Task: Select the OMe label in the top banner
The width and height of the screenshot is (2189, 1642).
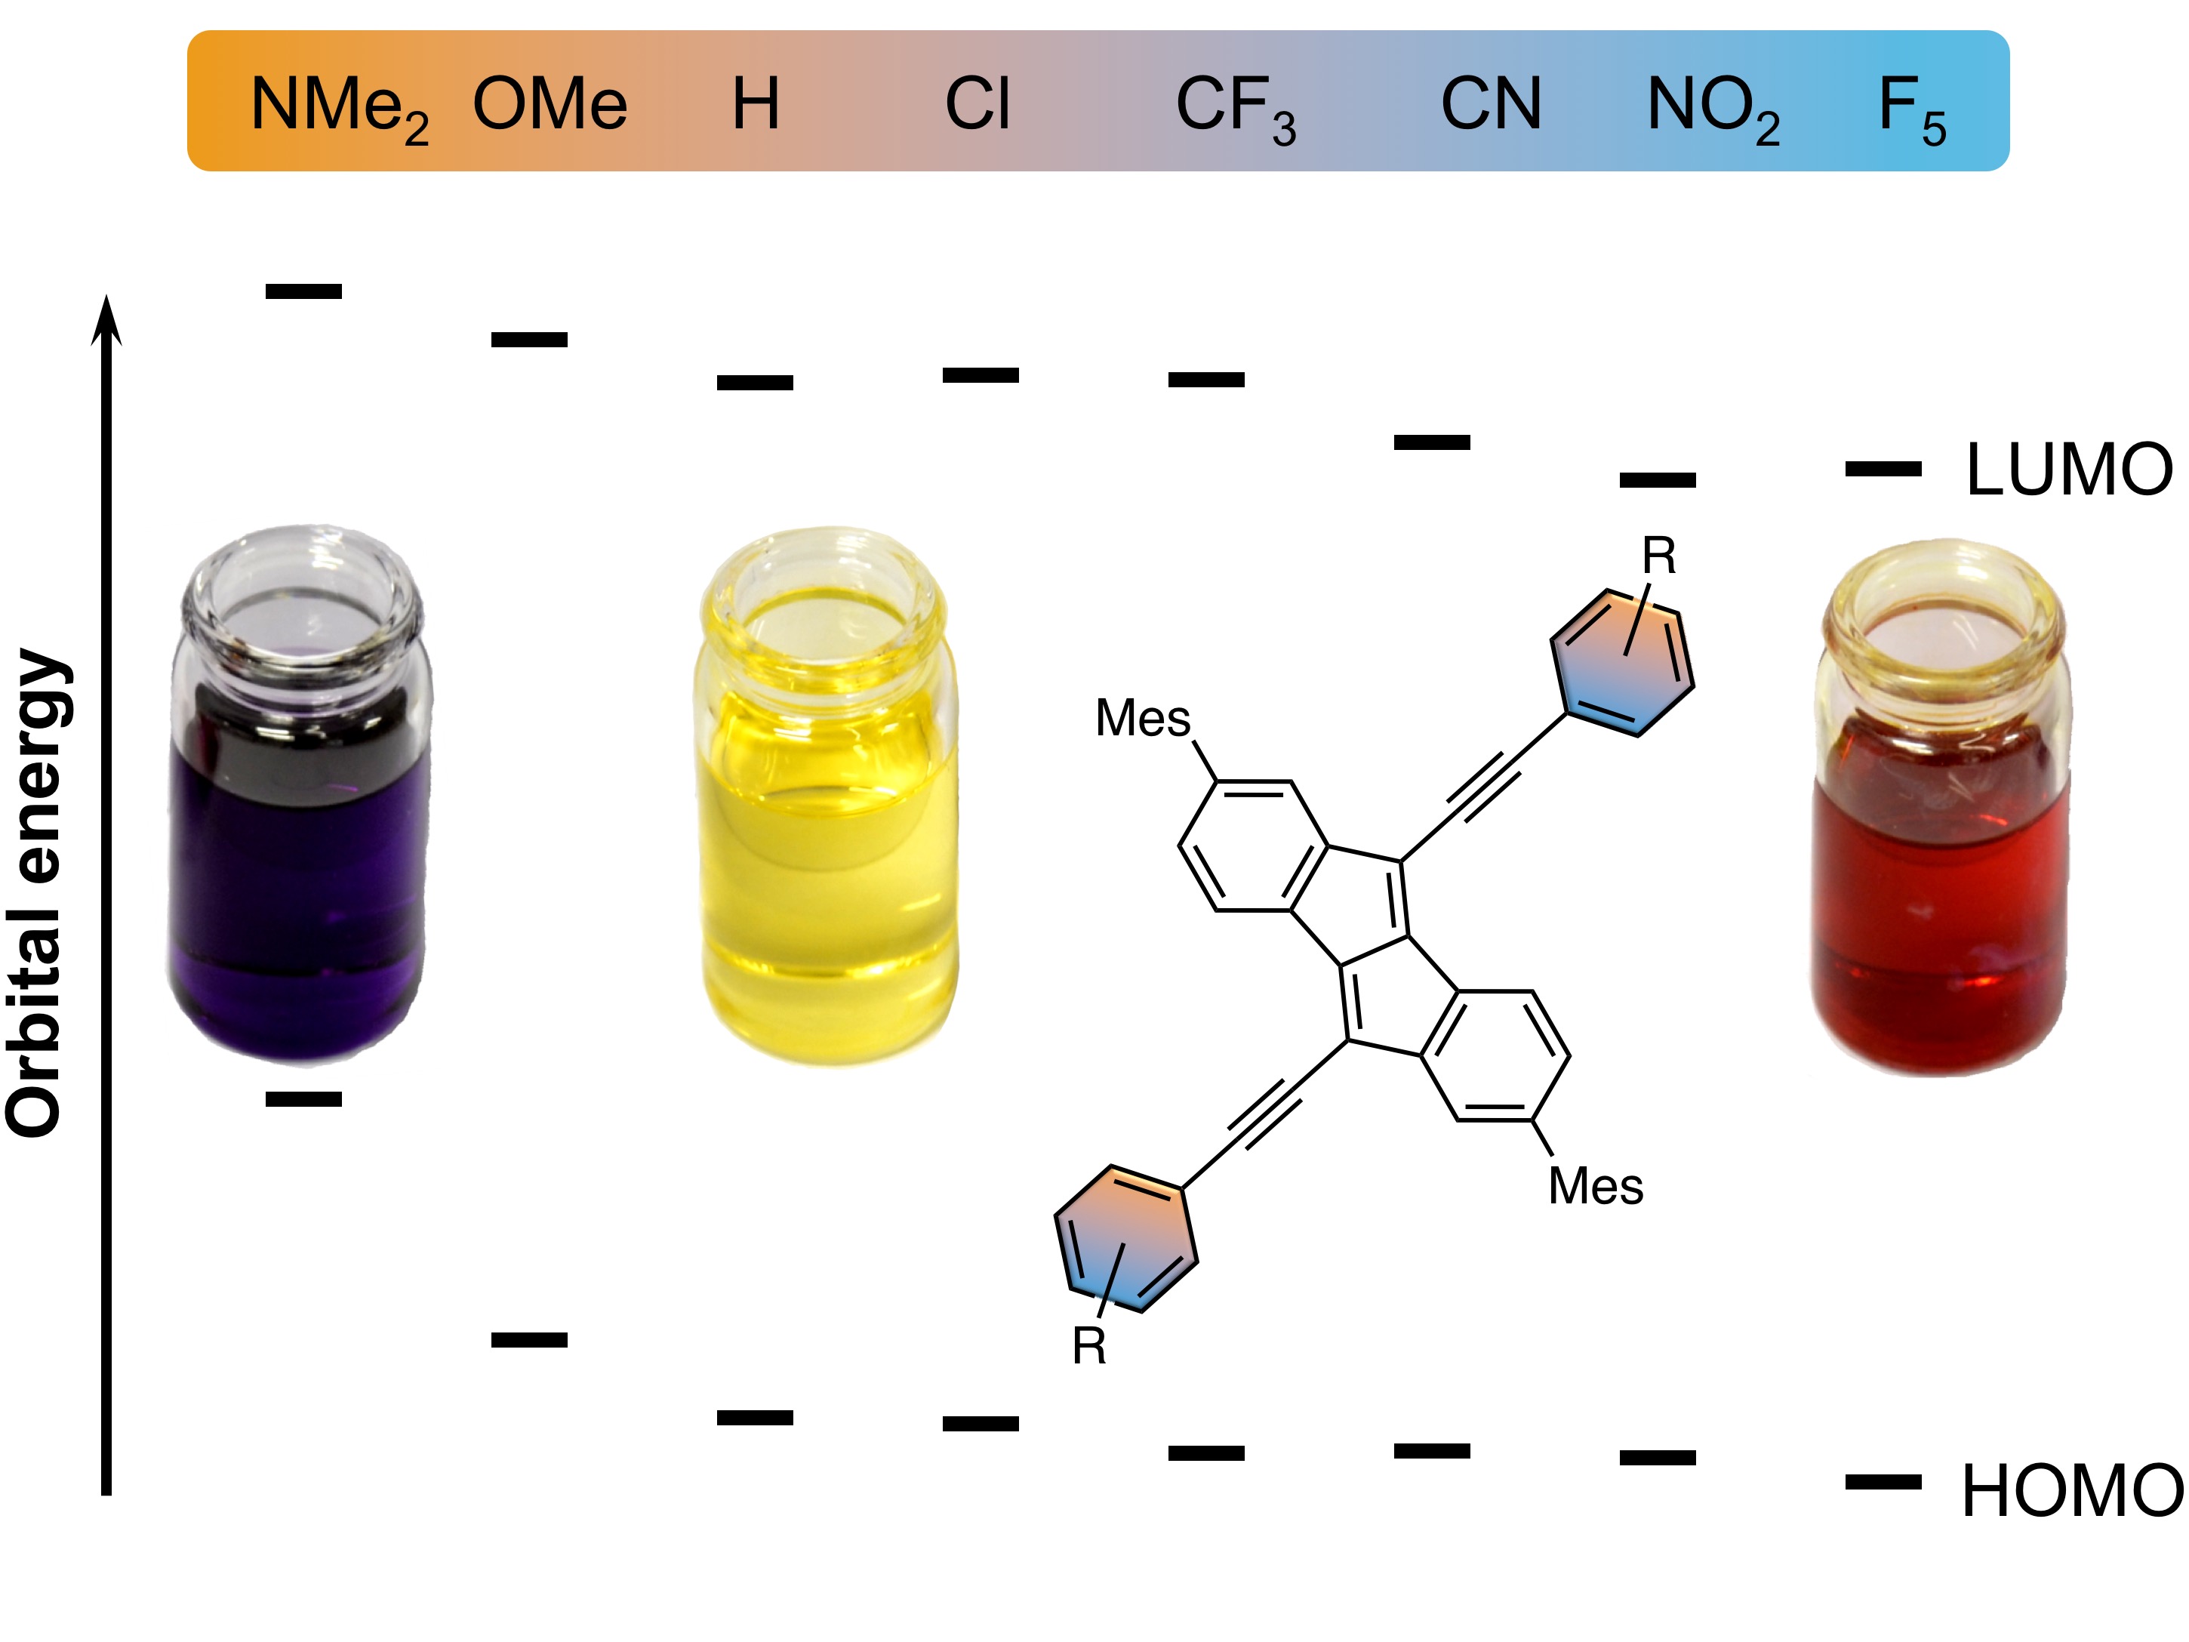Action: tap(550, 103)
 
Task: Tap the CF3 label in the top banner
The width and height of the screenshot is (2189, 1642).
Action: tap(1235, 107)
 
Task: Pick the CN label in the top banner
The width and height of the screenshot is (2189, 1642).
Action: tap(1490, 103)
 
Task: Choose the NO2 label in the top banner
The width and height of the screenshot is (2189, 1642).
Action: tap(1713, 107)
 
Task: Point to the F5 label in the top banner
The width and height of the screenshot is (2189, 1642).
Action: tap(1912, 107)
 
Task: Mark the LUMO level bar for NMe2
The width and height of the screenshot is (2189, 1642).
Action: tap(303, 291)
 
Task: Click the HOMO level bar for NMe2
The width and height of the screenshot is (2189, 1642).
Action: tap(303, 1098)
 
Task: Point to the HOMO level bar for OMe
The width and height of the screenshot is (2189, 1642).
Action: tap(529, 1340)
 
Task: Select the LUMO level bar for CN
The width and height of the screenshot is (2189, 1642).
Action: tap(1432, 442)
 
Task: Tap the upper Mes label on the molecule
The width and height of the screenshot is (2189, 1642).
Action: tap(1142, 719)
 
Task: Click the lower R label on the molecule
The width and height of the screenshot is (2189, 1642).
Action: tap(1088, 1346)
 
